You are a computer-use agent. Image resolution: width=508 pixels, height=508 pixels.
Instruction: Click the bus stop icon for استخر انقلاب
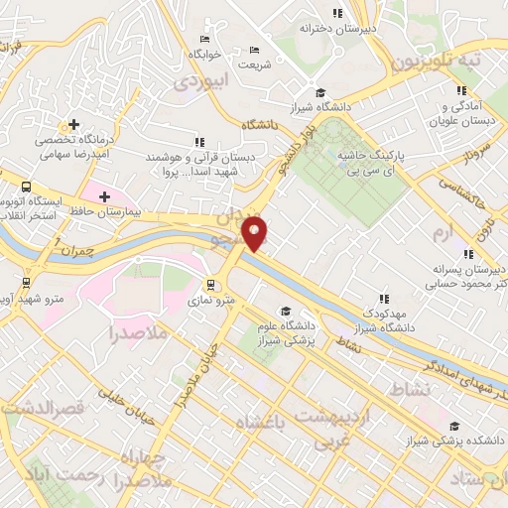[25, 186]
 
